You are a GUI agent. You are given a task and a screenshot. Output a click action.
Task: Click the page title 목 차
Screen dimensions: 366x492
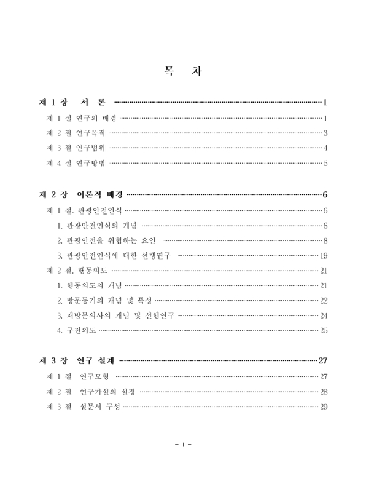coord(182,71)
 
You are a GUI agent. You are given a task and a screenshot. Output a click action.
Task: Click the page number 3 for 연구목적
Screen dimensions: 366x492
coord(326,133)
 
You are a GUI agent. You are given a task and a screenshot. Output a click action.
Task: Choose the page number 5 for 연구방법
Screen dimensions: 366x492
coord(326,164)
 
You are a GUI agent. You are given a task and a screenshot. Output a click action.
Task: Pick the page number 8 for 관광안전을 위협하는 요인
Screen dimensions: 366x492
coord(326,240)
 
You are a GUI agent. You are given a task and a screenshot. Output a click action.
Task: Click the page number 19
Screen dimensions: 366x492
coord(324,256)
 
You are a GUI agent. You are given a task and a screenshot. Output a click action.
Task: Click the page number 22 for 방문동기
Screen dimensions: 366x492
coord(324,301)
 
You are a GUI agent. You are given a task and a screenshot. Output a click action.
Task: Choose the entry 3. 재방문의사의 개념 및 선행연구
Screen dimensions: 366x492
coord(115,315)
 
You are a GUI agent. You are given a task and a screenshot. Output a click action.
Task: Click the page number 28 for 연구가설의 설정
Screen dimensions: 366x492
coord(324,392)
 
